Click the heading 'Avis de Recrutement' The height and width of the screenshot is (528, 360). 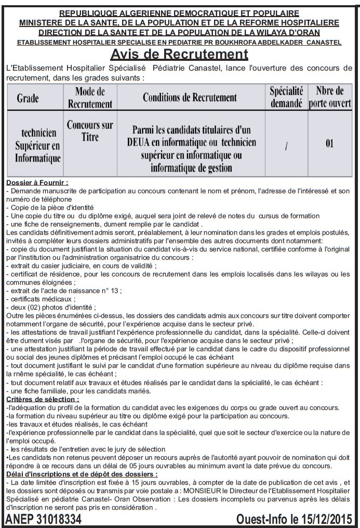pyautogui.click(x=179, y=54)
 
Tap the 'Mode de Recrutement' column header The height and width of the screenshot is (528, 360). pyautogui.click(x=90, y=98)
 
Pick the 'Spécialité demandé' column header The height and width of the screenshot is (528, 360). pyautogui.click(x=286, y=98)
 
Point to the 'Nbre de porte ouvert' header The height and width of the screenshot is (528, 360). pyautogui.click(x=329, y=98)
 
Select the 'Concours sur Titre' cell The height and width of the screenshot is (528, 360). pyautogui.click(x=90, y=130)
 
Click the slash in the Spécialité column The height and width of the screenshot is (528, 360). pyautogui.click(x=286, y=147)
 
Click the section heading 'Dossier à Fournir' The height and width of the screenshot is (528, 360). pyautogui.click(x=37, y=183)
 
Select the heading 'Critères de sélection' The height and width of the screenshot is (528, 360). pyautogui.click(x=43, y=399)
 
